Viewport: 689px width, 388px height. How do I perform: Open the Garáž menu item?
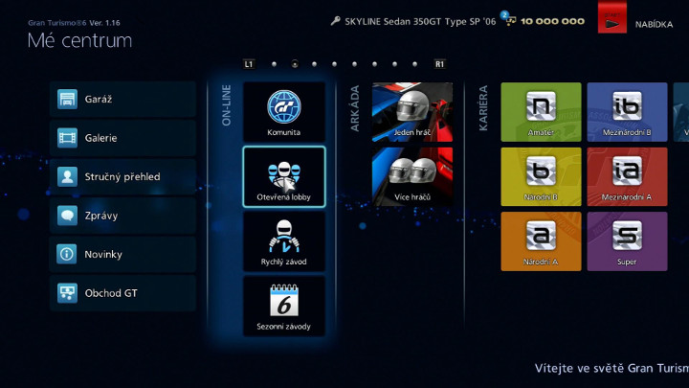click(x=122, y=100)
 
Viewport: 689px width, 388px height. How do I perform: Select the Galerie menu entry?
click(x=122, y=138)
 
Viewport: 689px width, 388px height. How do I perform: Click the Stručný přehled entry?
click(x=122, y=176)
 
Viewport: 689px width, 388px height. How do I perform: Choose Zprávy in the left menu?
click(x=122, y=216)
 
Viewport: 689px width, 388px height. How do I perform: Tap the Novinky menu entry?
click(x=122, y=254)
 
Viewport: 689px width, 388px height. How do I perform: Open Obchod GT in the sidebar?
click(x=122, y=293)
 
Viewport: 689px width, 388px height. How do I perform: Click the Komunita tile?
click(x=284, y=113)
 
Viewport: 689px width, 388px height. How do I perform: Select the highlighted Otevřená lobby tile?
click(x=284, y=177)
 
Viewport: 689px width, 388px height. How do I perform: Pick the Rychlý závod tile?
click(x=284, y=241)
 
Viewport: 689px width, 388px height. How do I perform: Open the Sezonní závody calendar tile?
click(x=284, y=307)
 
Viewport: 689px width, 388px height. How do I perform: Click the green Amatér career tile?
click(x=541, y=112)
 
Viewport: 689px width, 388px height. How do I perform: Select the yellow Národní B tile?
click(x=541, y=176)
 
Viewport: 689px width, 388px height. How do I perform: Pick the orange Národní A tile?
click(x=541, y=241)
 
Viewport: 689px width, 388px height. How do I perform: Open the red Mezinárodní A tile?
click(x=627, y=176)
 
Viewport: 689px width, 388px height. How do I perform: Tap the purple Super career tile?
click(x=627, y=241)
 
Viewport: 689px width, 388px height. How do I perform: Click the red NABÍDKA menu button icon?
click(x=611, y=21)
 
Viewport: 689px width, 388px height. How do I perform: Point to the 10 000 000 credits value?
click(x=553, y=21)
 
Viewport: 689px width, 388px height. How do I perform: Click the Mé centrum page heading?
click(x=79, y=40)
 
